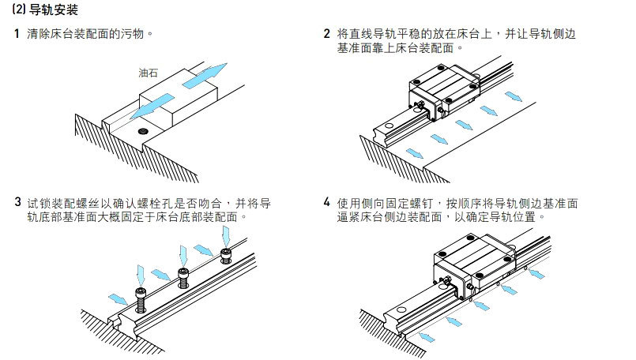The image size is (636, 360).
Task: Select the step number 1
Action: click(x=17, y=35)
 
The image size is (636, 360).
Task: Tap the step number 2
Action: click(x=327, y=35)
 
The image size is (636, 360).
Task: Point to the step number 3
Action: click(x=17, y=202)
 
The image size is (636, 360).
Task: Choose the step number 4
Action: click(x=327, y=202)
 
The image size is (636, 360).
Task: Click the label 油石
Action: click(x=148, y=73)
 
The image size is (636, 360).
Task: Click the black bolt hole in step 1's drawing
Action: click(x=142, y=129)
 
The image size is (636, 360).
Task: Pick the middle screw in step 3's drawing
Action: click(x=185, y=276)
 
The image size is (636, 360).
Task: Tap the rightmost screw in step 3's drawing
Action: click(x=228, y=254)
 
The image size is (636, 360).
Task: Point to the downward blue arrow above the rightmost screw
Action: click(x=227, y=234)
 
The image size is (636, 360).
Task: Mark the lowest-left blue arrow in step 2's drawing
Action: click(x=412, y=152)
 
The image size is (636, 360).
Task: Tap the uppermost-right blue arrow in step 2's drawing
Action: click(x=514, y=96)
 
